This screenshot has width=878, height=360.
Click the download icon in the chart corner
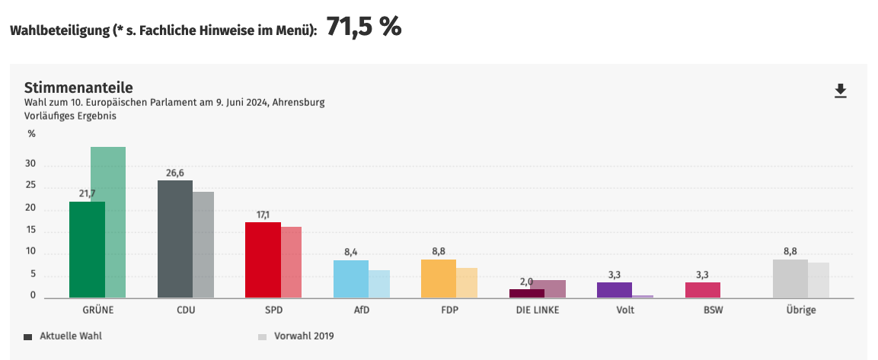coord(841,91)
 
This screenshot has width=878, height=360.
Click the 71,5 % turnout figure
coord(364,27)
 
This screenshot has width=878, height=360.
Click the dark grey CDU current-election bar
coord(174,239)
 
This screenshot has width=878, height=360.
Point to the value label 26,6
coord(175,173)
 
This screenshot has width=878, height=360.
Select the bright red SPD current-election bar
coord(263,260)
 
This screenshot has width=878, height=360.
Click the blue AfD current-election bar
coord(350,279)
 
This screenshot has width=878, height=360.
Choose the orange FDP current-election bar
coord(438,278)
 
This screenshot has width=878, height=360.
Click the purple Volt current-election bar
coord(614,289)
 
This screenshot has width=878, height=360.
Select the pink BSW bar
coord(702,289)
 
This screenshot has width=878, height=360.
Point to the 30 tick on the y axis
coord(31,165)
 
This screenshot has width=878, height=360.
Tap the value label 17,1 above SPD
coord(263,215)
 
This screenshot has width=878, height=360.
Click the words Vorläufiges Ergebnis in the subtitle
coord(69,116)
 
